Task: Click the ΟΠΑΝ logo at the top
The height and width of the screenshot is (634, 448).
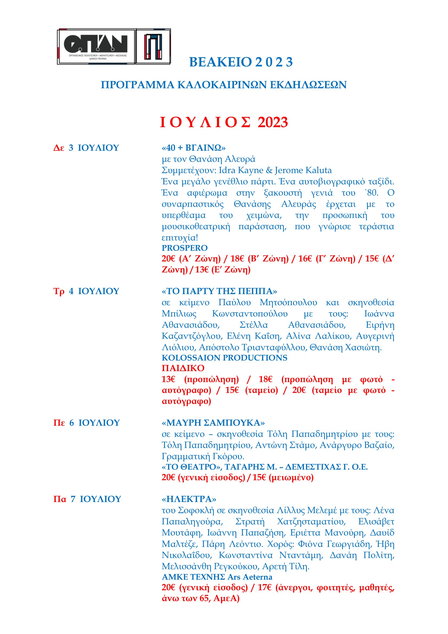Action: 96,46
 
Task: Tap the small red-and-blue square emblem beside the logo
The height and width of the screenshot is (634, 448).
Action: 153,46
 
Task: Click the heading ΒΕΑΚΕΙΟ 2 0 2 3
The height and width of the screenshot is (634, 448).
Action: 241,62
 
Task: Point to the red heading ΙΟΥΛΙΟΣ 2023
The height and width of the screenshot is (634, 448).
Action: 224,122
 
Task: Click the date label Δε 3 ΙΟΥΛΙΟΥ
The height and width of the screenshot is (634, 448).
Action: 86,148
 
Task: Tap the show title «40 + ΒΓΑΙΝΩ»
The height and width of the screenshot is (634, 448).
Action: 194,148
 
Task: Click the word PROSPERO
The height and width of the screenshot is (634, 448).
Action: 184,248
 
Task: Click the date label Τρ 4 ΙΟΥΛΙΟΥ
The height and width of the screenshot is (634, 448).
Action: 86,291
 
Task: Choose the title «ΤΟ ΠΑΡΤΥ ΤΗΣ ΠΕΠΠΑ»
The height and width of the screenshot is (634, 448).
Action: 219,291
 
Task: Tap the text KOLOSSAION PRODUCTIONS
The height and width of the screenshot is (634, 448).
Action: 224,358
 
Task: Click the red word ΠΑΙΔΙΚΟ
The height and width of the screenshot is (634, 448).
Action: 183,368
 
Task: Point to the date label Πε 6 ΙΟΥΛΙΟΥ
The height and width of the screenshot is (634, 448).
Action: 86,430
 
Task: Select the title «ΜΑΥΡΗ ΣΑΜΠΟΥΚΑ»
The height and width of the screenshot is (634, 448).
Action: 213,430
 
